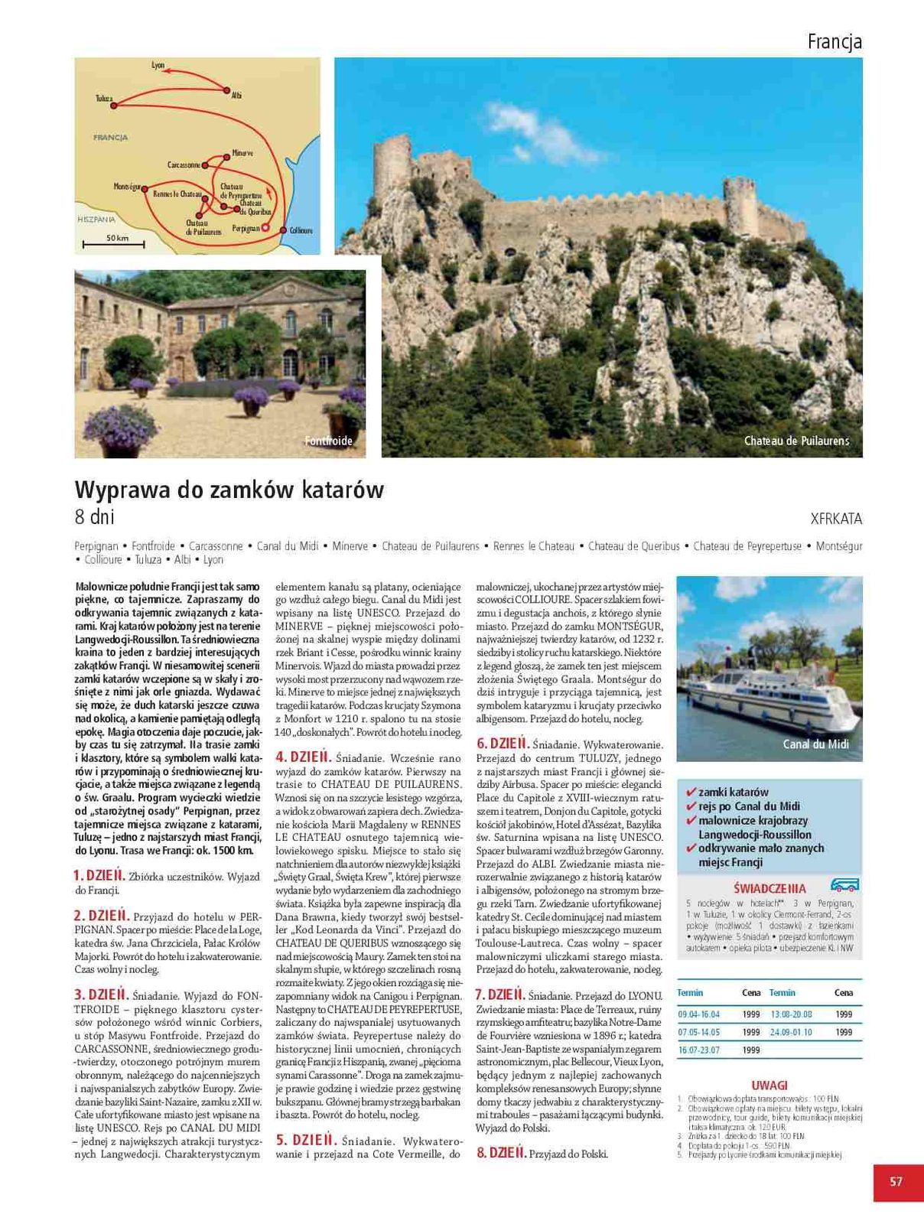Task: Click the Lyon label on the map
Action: coord(158,66)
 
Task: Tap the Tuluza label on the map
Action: coord(104,99)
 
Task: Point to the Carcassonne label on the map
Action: coord(184,164)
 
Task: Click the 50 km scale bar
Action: coord(116,243)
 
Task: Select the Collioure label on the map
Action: coord(301,230)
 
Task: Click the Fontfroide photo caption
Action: coord(328,441)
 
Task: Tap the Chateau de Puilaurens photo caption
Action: coord(796,441)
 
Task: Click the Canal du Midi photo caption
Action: coord(815,744)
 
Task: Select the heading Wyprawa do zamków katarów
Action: coord(229,490)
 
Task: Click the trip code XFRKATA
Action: coord(836,519)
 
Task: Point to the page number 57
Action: coord(896,1182)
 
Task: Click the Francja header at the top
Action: coord(835,42)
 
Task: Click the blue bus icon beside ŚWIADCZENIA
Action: coord(844,885)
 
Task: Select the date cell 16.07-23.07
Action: coord(698,1050)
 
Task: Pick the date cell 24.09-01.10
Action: coord(791,1032)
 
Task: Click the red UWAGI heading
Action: coord(769,1085)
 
